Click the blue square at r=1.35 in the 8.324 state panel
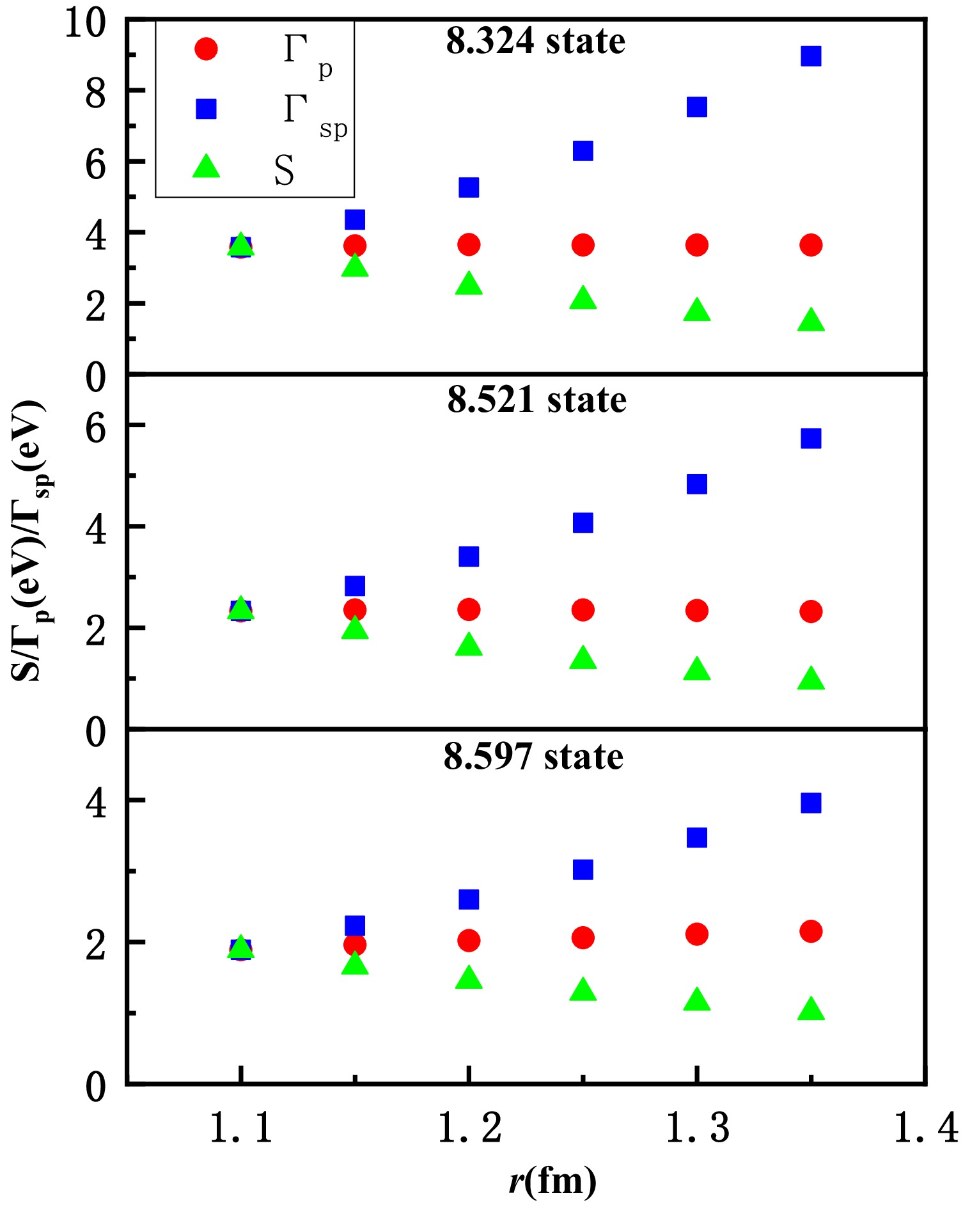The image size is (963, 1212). pyautogui.click(x=811, y=56)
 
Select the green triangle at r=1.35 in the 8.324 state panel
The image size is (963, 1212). pyautogui.click(x=811, y=320)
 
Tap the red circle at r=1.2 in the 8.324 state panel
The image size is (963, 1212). pyautogui.click(x=469, y=244)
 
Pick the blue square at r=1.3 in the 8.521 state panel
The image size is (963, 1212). pyautogui.click(x=696, y=484)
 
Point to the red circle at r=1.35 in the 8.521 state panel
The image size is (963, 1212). pyautogui.click(x=811, y=611)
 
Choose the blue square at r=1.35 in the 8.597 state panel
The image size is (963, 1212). pyautogui.click(x=811, y=803)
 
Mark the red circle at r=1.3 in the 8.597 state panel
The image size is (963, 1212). pyautogui.click(x=696, y=934)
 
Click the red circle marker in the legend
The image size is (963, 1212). pyautogui.click(x=206, y=49)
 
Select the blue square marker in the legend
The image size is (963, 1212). pyautogui.click(x=206, y=109)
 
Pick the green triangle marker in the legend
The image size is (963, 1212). pyautogui.click(x=206, y=167)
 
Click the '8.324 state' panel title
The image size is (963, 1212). pyautogui.click(x=535, y=42)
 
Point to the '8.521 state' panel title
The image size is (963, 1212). pyautogui.click(x=536, y=400)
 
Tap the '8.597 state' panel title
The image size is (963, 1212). pyautogui.click(x=533, y=757)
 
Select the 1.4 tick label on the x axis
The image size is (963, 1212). pyautogui.click(x=925, y=1128)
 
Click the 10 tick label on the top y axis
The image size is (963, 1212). pyautogui.click(x=85, y=26)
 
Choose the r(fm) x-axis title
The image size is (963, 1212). pyautogui.click(x=552, y=1181)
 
